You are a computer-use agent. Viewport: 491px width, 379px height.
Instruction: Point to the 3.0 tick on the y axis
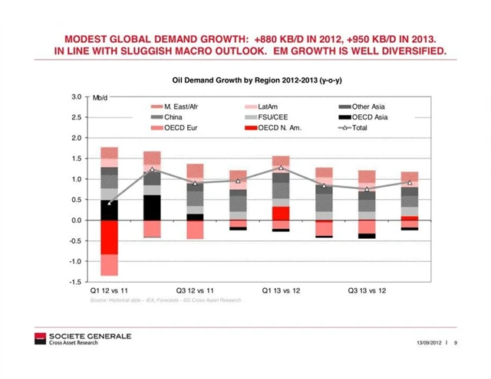click(75, 97)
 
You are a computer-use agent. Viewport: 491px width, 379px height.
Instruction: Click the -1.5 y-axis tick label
click(74, 283)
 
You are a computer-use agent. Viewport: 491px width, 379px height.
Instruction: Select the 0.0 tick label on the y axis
click(75, 221)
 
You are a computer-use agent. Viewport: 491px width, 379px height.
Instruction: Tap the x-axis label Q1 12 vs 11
click(110, 291)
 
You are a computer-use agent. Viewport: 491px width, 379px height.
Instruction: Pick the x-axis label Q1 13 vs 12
click(282, 291)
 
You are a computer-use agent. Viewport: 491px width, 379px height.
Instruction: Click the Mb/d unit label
click(101, 99)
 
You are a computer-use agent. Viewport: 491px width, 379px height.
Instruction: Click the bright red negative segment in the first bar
click(109, 237)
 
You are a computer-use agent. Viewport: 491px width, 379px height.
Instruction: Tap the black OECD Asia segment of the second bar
click(152, 207)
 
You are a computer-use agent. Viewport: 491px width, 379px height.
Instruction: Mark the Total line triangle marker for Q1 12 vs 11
click(109, 203)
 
